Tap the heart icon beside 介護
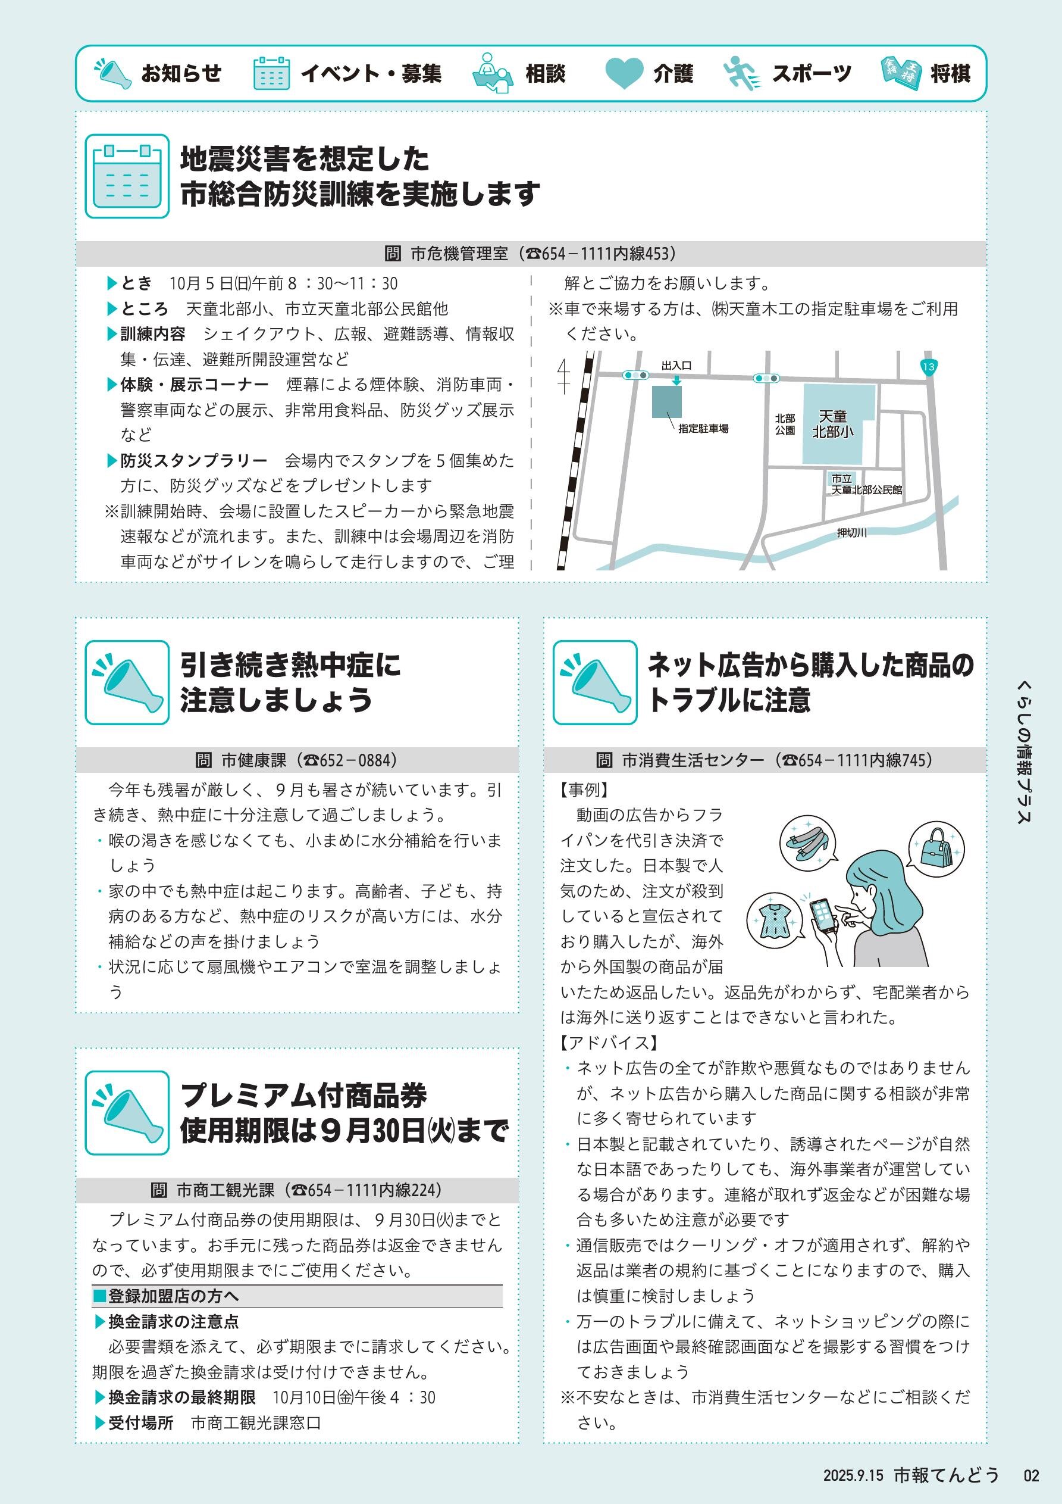pyautogui.click(x=624, y=73)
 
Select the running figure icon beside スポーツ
pyautogui.click(x=743, y=73)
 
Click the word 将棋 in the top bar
pyautogui.click(x=950, y=73)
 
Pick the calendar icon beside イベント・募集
pyautogui.click(x=271, y=73)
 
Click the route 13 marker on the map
pyautogui.click(x=928, y=367)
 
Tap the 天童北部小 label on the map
pyautogui.click(x=833, y=425)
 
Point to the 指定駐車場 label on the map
pyautogui.click(x=703, y=429)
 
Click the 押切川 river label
pyautogui.click(x=852, y=532)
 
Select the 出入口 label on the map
pyautogui.click(x=676, y=366)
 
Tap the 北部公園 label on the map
pyautogui.click(x=785, y=425)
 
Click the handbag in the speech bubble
pyautogui.click(x=936, y=849)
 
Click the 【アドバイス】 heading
pyautogui.click(x=609, y=1043)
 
